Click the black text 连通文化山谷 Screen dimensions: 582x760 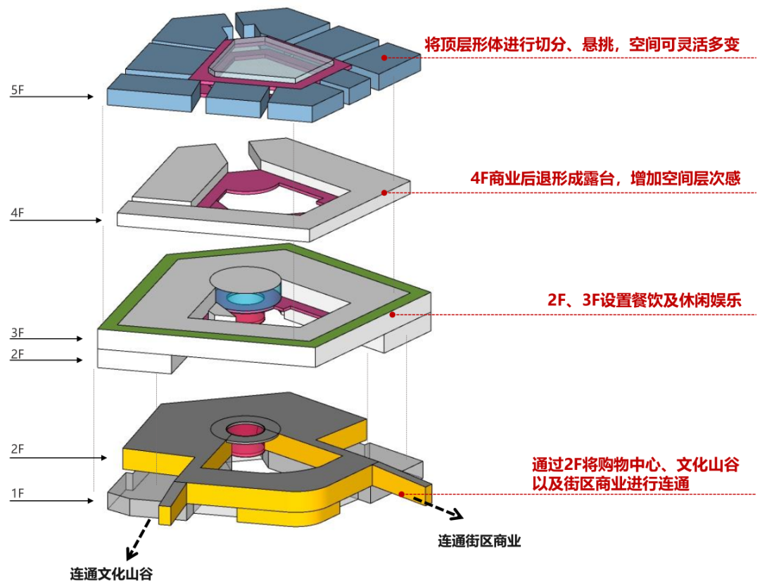[x=111, y=572]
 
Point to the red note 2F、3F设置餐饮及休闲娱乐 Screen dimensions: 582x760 [x=645, y=301]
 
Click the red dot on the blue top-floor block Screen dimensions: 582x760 [x=385, y=58]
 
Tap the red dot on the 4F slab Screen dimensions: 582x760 [x=384, y=192]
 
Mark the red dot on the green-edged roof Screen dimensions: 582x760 [x=394, y=314]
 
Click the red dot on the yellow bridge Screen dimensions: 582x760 [x=402, y=494]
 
